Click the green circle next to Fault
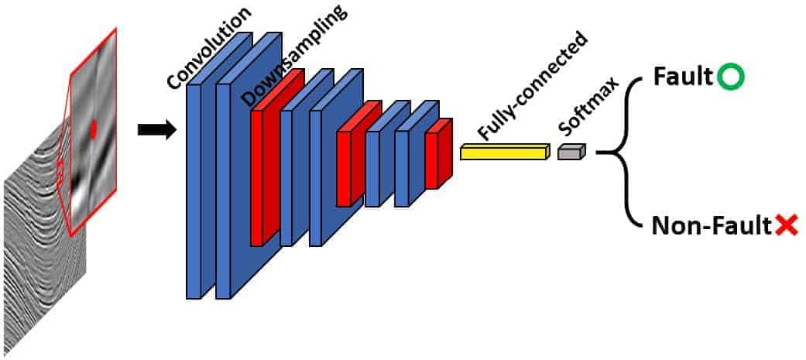[730, 77]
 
